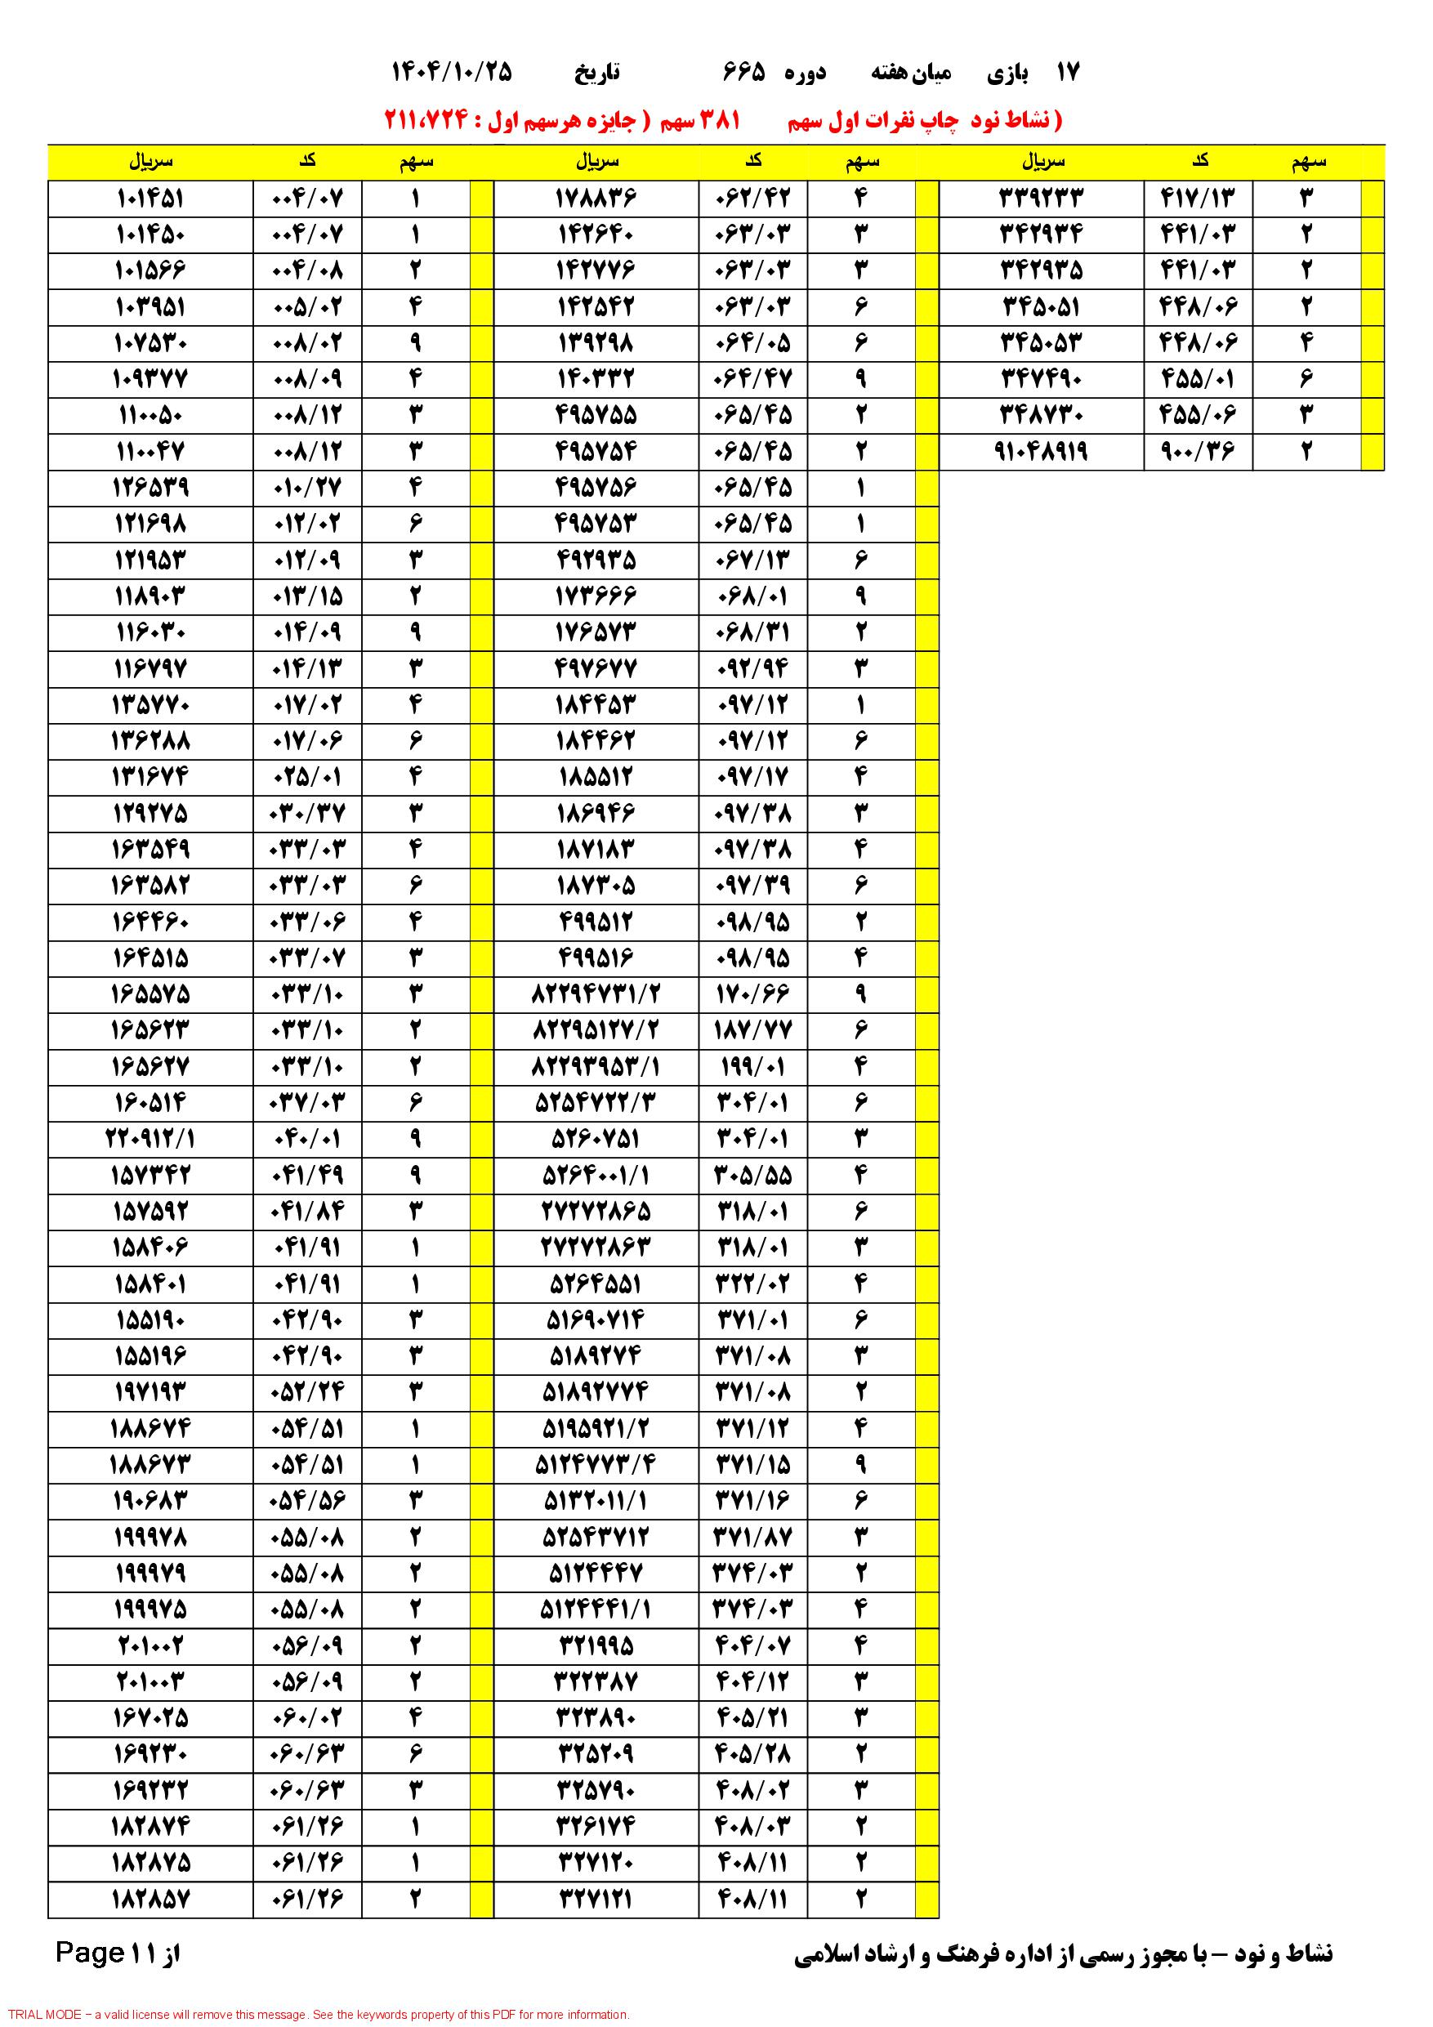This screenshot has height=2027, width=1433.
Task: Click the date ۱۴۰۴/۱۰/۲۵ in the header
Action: [451, 73]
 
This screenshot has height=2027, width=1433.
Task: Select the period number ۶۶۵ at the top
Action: [743, 73]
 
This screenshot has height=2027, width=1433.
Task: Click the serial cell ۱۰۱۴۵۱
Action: [150, 199]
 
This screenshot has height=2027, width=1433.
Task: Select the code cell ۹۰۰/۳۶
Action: [1199, 452]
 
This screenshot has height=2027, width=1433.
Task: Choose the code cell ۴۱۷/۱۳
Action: [1199, 199]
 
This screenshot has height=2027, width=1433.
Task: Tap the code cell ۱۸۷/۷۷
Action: [753, 1031]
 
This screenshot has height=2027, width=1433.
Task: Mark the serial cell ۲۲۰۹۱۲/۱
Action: [150, 1140]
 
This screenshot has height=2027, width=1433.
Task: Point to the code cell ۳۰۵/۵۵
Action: [753, 1176]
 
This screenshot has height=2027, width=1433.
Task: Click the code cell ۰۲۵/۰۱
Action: [307, 778]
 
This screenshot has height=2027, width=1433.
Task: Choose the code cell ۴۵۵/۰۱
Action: [1199, 380]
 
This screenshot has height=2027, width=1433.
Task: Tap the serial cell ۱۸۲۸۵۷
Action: [150, 1899]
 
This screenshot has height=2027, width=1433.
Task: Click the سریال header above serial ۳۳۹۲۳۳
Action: [1043, 162]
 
